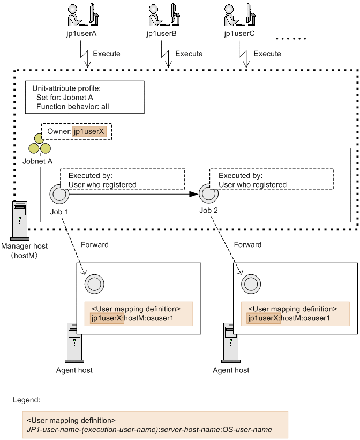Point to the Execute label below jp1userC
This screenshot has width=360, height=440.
coord(267,54)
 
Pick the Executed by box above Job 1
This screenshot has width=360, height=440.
coord(122,180)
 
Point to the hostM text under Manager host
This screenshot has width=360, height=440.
coord(24,255)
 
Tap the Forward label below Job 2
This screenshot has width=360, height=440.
coord(248,244)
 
